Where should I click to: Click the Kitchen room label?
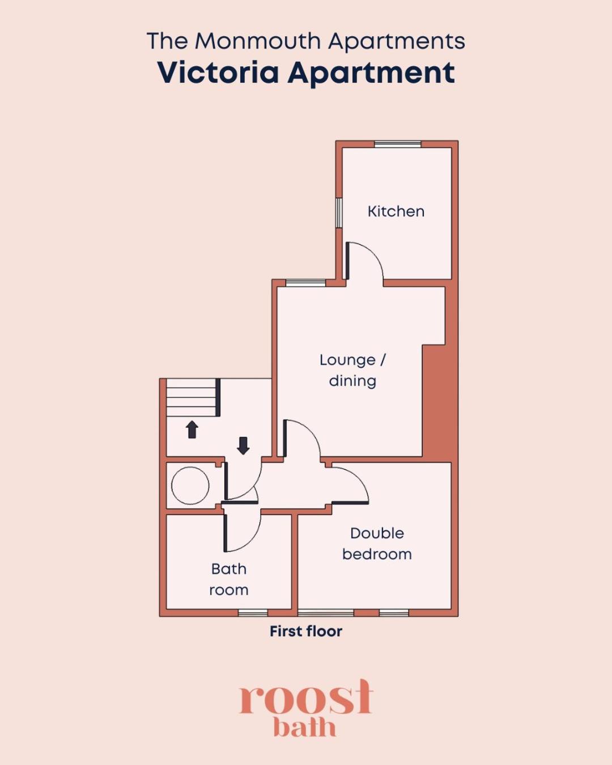(x=396, y=211)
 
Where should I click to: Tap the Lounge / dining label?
(x=352, y=371)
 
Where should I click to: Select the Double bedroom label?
(x=377, y=543)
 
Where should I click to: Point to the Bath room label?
(x=229, y=580)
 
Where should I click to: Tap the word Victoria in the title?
(x=218, y=73)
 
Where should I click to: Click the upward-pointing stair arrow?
(x=192, y=430)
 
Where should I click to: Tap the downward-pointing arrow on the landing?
(x=243, y=446)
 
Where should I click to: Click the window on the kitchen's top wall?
(x=398, y=144)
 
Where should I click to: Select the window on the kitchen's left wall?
(x=339, y=212)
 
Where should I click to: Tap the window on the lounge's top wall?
(x=306, y=283)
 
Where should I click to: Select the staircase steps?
(x=192, y=397)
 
